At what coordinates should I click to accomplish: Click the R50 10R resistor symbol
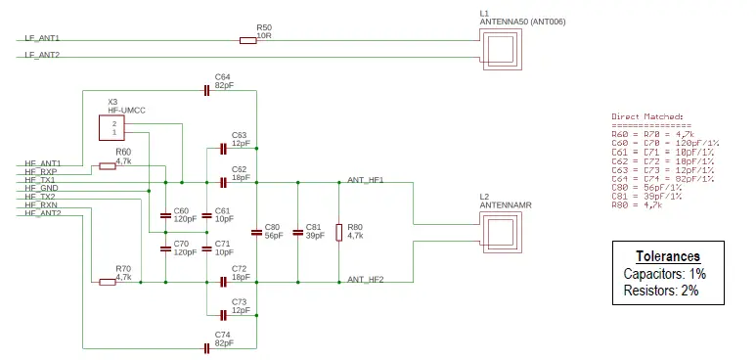[x=248, y=40]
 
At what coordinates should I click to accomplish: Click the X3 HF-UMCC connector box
[x=114, y=129]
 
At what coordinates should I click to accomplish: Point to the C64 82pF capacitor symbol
[x=206, y=91]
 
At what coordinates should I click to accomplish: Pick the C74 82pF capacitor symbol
[x=206, y=347]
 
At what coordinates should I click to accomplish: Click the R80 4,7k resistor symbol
[x=339, y=232]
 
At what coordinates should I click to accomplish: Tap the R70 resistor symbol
[x=108, y=282]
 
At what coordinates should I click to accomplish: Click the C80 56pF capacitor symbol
[x=256, y=232]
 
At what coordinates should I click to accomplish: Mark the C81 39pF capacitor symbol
[x=297, y=232]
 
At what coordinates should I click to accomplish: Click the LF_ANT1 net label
[x=42, y=38]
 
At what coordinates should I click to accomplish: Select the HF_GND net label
[x=42, y=188]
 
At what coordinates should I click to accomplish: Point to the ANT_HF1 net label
[x=365, y=180]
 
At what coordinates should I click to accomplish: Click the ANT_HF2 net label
[x=365, y=280]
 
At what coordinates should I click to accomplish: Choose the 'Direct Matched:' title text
[x=647, y=116]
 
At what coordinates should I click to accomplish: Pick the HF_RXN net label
[x=42, y=204]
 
